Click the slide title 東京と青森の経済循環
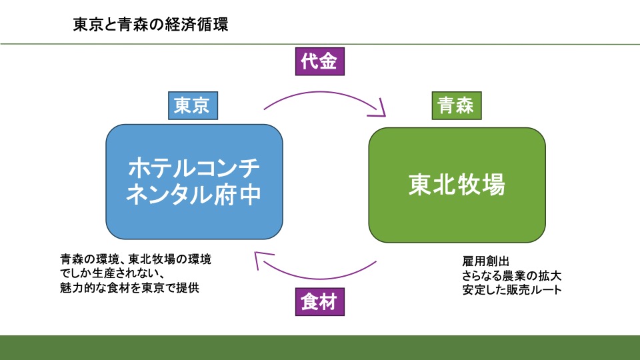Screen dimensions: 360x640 point(150,25)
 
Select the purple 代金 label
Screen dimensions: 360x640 point(320,62)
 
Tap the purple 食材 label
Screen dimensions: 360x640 point(320,303)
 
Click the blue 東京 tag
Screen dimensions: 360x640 point(192,105)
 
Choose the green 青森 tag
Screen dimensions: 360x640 point(455,105)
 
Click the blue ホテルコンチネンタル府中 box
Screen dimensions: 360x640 point(194,182)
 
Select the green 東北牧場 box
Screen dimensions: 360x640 point(457,185)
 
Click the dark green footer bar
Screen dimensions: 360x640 point(320,347)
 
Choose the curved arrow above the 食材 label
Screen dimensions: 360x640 point(320,275)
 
